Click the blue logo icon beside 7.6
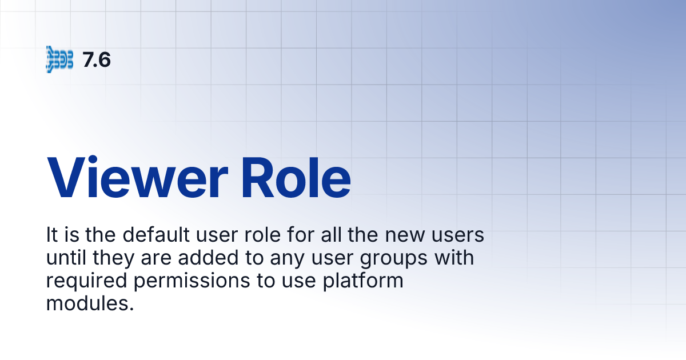point(59,59)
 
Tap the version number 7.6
point(97,59)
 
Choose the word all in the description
point(330,235)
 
